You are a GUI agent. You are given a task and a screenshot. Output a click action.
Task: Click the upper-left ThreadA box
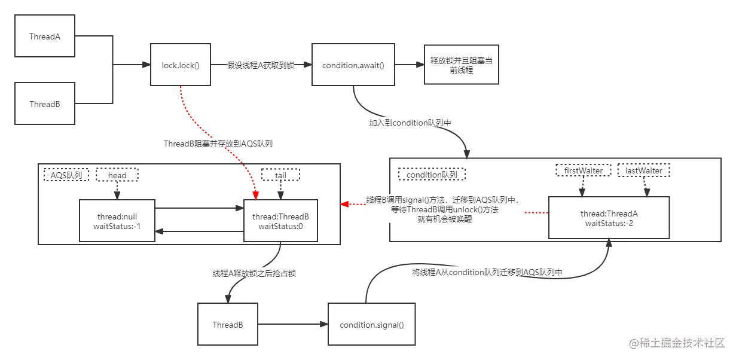[x=45, y=36]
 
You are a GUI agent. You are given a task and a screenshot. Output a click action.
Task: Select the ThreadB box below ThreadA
[x=45, y=104]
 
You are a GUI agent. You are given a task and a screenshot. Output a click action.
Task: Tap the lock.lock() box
[x=180, y=65]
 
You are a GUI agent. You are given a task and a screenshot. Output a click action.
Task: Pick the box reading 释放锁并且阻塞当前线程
[x=460, y=65]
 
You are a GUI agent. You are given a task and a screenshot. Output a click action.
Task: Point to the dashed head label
[x=117, y=175]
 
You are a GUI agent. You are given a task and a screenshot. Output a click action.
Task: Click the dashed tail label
[x=280, y=175]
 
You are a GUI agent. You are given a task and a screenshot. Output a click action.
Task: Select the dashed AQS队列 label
[x=66, y=175]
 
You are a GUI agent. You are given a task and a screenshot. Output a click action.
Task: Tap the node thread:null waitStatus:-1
[x=117, y=221]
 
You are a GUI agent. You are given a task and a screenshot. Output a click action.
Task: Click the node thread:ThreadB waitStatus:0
[x=280, y=221]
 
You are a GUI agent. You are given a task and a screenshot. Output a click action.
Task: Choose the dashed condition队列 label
[x=432, y=175]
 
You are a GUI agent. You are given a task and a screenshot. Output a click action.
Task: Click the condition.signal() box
[x=371, y=325]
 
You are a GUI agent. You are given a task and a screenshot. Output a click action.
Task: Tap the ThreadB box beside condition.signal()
[x=227, y=325]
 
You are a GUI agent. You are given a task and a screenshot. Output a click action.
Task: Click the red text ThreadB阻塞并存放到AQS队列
[x=221, y=144]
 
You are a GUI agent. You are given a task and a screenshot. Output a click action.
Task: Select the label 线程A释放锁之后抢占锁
[x=254, y=273]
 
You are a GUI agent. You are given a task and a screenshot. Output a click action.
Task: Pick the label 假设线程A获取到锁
[x=261, y=65]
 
